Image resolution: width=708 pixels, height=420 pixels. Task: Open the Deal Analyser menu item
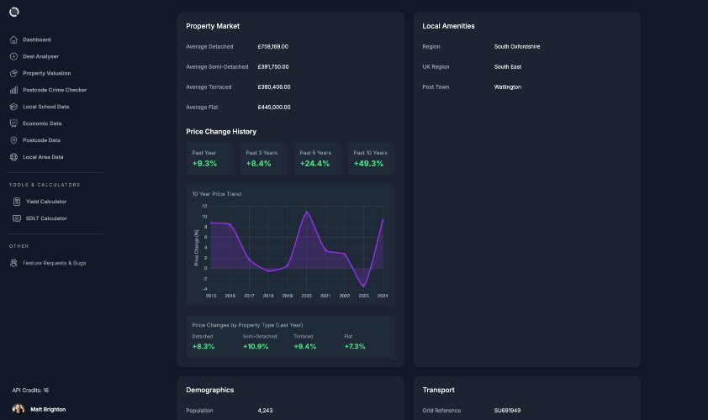point(40,56)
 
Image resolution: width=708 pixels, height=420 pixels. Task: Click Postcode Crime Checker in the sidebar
point(55,90)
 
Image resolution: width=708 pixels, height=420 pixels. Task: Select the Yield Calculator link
point(46,202)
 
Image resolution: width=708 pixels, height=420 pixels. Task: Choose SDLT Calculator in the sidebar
point(46,218)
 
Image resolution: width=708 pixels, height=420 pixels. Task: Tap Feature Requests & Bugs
point(54,263)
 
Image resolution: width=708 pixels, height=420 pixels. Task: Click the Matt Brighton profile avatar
point(18,409)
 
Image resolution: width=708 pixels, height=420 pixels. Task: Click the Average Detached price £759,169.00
point(273,46)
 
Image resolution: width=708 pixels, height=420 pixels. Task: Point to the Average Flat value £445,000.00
point(274,108)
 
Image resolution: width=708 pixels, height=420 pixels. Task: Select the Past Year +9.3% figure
point(204,164)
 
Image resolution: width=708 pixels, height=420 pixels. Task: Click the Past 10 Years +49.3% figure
point(368,164)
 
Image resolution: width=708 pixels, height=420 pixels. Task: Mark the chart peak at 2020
point(307,212)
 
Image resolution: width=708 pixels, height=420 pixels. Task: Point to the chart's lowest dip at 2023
point(363,286)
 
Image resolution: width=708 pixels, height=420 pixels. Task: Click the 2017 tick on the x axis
point(249,296)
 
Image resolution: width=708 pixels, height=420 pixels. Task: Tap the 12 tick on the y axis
point(204,206)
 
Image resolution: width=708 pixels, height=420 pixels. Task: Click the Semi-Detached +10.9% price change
point(256,346)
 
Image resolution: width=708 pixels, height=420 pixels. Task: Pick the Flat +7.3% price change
point(355,346)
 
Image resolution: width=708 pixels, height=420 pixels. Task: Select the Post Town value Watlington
point(508,87)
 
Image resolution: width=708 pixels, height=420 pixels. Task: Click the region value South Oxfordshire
point(517,46)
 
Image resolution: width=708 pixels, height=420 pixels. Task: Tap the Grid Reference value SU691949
point(508,411)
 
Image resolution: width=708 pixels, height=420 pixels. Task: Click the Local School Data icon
point(13,107)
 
